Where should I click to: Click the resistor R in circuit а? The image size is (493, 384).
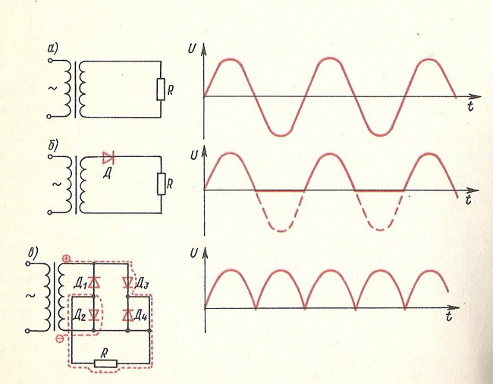click(160, 90)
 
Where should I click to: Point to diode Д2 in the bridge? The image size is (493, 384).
click(93, 313)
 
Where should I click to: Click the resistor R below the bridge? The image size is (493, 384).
click(105, 364)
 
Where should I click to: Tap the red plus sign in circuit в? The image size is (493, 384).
click(67, 260)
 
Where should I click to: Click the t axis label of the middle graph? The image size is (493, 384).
click(469, 200)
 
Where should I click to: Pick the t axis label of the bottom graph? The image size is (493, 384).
click(450, 314)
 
